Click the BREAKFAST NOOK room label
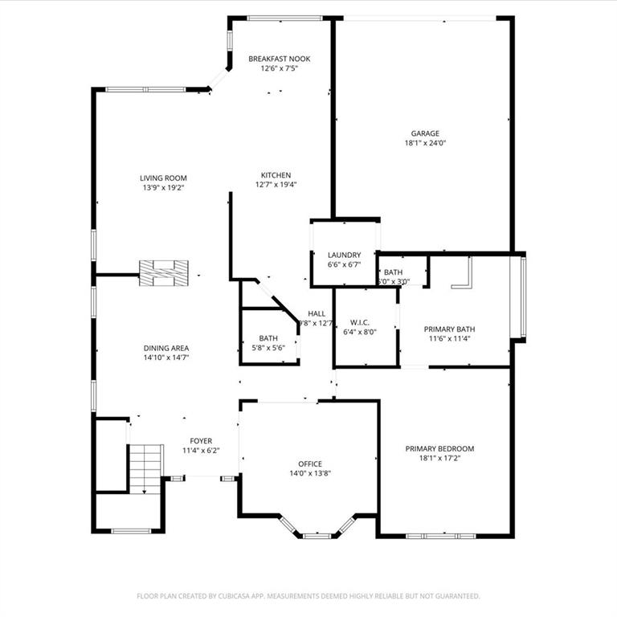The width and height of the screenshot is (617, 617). pos(279,59)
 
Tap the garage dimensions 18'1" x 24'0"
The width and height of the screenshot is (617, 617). pos(425,144)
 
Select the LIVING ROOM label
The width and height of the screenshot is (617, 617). pos(163,178)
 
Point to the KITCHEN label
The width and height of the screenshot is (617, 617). pos(276,175)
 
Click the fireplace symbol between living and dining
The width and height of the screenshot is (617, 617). pos(165,272)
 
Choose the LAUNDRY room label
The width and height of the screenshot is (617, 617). pos(344,255)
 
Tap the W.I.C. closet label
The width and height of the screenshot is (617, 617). pos(359,323)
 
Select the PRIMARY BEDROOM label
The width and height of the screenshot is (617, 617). pos(439,448)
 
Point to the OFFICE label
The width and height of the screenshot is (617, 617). pos(310,464)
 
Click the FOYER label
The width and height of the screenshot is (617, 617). pos(201,441)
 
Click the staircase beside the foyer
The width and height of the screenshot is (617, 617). pos(146,468)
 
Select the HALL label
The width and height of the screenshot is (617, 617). pos(317,314)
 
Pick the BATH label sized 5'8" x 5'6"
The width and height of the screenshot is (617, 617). pos(268,338)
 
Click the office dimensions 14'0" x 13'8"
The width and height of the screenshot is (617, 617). pos(310,473)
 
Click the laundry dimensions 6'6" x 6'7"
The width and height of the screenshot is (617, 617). pos(344,264)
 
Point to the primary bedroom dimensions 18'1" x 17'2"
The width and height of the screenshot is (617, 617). pos(439,458)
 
